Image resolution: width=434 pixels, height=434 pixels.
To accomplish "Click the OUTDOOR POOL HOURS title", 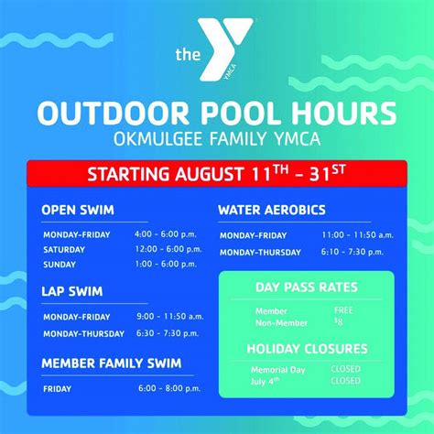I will [x=217, y=114].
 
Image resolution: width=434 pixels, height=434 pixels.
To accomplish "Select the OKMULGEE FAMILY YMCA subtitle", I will [x=217, y=141].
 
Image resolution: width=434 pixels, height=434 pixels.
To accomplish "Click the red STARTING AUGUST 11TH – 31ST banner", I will [x=217, y=173].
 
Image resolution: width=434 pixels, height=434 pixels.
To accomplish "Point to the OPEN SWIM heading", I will [x=78, y=210].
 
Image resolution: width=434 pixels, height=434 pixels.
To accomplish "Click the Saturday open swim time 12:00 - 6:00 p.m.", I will [x=168, y=249].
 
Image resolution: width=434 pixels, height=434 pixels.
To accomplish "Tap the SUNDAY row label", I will [x=60, y=264].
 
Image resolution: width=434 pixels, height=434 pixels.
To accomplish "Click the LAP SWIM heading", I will [x=71, y=292].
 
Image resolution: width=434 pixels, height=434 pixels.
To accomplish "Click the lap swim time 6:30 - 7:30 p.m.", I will [x=168, y=332].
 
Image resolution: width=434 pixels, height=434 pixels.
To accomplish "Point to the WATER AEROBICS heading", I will [x=271, y=210].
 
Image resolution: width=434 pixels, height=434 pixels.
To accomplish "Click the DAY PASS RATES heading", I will [x=306, y=288].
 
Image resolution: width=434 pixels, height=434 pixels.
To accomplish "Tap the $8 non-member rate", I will [x=338, y=321].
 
